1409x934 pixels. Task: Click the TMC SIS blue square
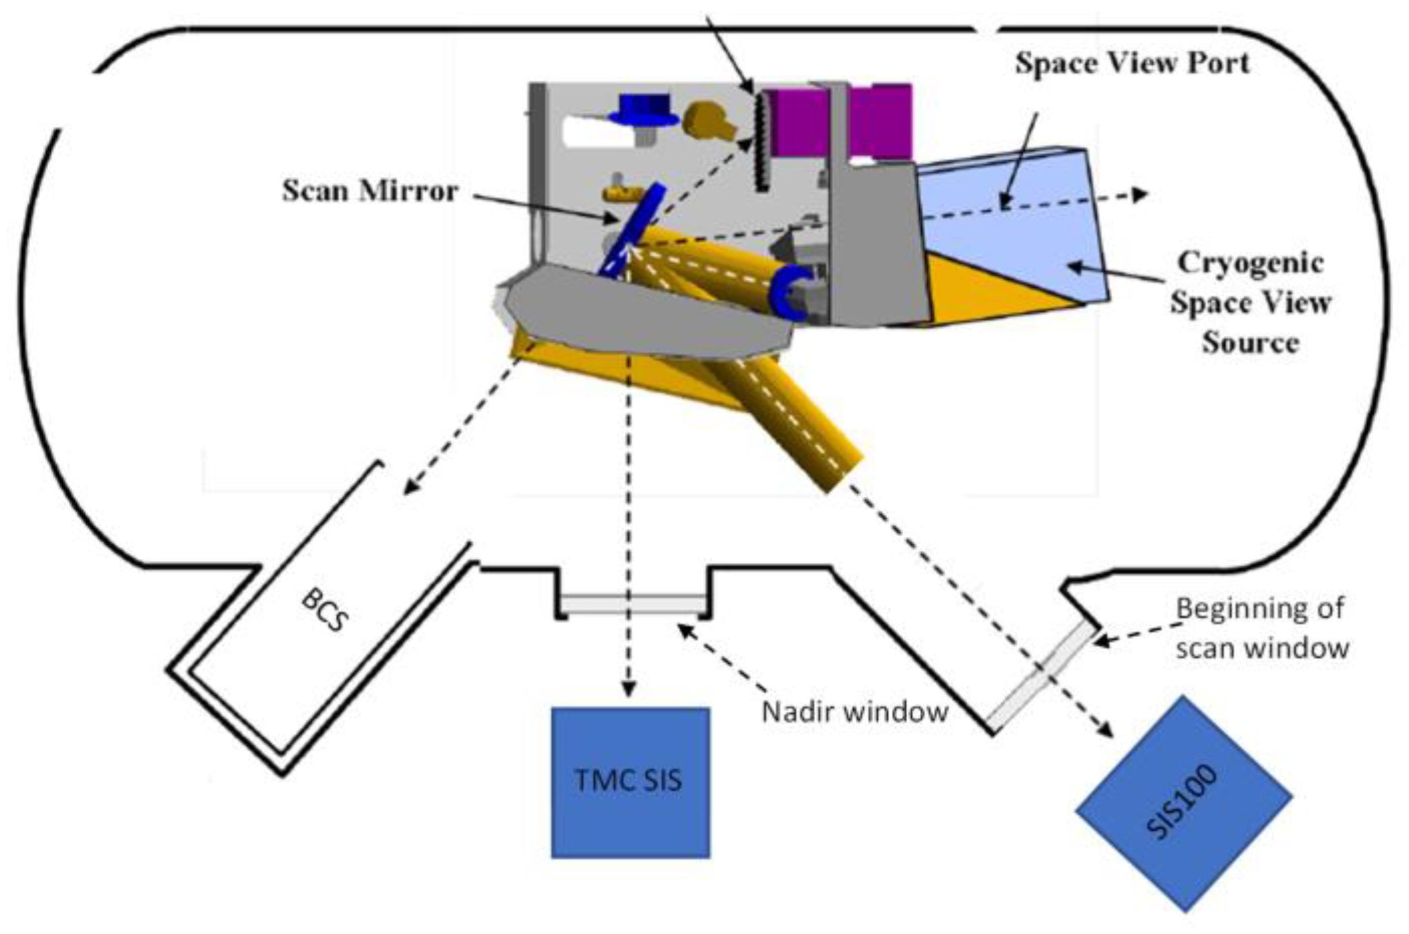(x=630, y=782)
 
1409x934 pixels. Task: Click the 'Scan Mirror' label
(x=369, y=191)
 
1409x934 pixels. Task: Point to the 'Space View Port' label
(x=1132, y=64)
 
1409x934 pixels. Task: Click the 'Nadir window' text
(x=854, y=712)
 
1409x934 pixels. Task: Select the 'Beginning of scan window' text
(x=1261, y=628)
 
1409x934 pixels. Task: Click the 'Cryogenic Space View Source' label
(x=1249, y=302)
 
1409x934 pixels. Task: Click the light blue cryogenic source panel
(x=1015, y=221)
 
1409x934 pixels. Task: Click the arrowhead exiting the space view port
(x=1138, y=195)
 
